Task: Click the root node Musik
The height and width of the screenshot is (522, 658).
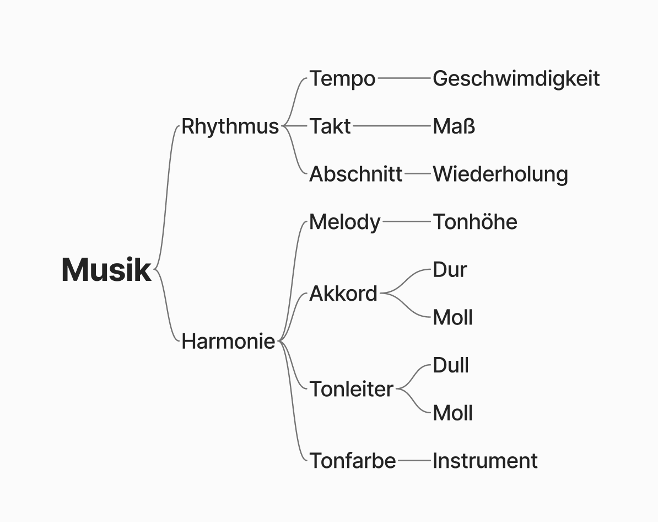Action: coord(106,270)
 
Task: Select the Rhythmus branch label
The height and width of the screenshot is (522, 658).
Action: coord(230,126)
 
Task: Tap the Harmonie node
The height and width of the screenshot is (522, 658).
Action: coord(228,342)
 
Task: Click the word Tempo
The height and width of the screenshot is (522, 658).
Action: coord(342,79)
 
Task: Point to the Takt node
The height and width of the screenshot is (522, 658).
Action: coord(330,126)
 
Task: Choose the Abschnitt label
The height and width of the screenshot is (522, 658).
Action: coord(355,174)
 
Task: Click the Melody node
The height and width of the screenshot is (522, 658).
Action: coord(344,222)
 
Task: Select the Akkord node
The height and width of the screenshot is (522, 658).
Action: coord(343,294)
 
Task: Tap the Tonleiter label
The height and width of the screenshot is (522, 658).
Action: coord(351,389)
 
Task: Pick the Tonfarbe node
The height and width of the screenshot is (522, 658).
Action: coord(352,460)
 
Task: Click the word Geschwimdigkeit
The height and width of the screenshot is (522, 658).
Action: coord(516,79)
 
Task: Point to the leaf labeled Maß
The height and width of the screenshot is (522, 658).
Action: coord(454,126)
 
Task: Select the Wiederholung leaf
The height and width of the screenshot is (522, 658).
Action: coord(500,174)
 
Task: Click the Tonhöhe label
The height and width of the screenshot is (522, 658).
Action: coord(474,222)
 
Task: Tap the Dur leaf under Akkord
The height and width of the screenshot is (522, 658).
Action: coord(450,270)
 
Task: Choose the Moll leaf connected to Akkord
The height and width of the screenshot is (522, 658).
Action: coord(452,317)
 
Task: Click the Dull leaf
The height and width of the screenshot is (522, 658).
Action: coord(450,365)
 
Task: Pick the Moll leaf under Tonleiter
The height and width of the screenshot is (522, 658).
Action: coord(452,413)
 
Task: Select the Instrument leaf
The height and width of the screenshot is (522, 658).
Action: coord(484,460)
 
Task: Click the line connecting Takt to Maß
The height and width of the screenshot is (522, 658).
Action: coord(391,126)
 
